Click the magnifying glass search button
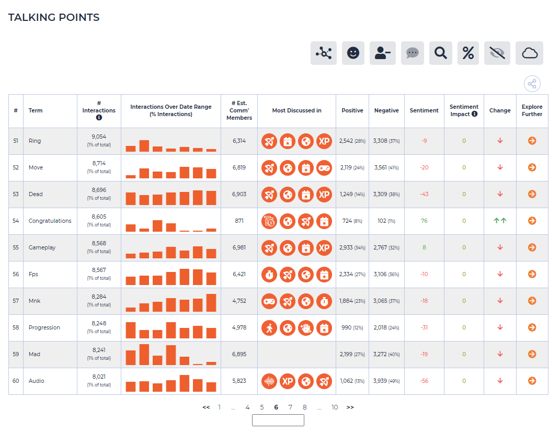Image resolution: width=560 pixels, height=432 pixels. coord(440,53)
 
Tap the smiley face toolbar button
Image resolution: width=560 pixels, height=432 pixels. coord(353,53)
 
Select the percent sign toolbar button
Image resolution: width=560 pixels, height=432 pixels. coord(468,53)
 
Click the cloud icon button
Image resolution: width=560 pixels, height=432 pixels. coord(529,53)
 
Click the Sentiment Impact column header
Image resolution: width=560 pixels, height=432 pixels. coord(464,110)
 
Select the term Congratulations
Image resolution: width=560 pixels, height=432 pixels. coord(50,221)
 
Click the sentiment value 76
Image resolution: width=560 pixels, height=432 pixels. coord(424,221)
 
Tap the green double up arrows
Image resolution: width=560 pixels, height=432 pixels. coord(500,221)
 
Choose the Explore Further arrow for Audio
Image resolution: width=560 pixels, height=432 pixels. coord(532,381)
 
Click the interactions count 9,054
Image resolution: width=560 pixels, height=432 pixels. coord(99,137)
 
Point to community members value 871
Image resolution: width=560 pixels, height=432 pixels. coord(239,221)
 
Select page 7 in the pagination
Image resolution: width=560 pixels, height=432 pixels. coord(290,407)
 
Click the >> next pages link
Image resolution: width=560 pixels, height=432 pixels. coord(350,407)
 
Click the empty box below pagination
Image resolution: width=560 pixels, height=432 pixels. coord(278,420)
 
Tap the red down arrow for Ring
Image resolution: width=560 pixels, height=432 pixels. coord(500,141)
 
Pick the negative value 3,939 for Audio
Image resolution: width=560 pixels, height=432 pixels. coord(380,381)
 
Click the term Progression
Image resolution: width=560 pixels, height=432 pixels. coord(44,328)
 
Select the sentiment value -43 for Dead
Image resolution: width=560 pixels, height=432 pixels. coord(424,194)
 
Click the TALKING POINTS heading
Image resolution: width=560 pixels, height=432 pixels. coord(54,17)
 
